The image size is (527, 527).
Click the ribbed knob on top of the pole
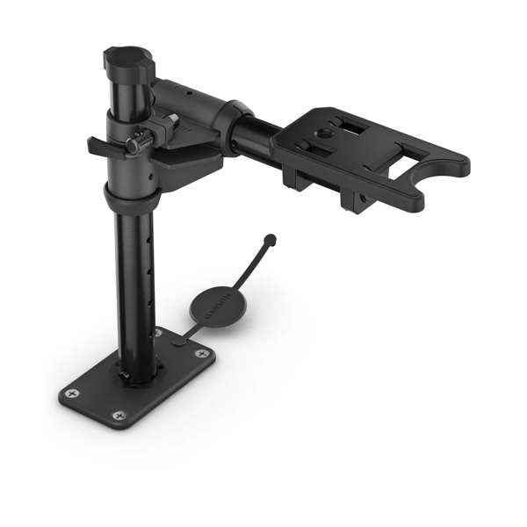click(x=128, y=61)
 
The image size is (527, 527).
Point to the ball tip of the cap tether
click(x=270, y=238)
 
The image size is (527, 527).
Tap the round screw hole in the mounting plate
click(x=325, y=133)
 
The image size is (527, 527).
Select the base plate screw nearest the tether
click(x=202, y=353)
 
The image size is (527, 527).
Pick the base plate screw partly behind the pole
click(x=158, y=334)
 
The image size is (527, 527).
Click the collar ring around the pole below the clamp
click(x=132, y=198)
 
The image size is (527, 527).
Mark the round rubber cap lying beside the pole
click(x=214, y=307)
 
